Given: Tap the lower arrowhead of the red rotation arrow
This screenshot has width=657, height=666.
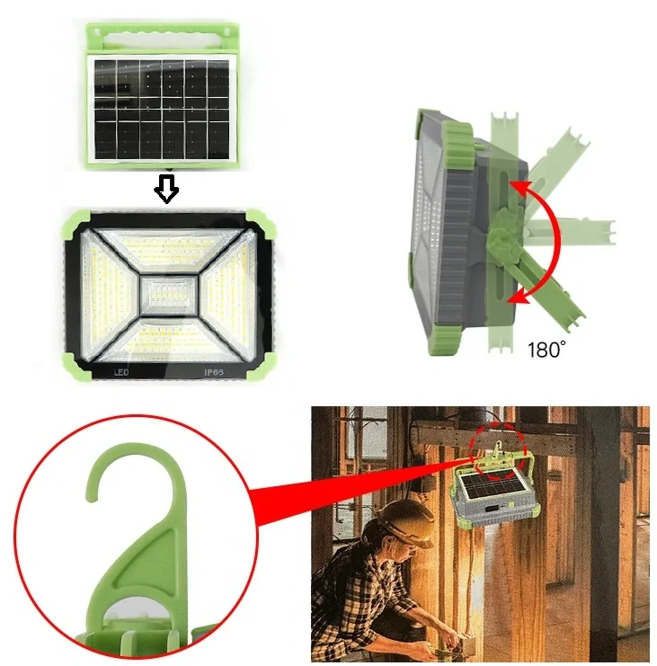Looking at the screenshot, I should (515, 297).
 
